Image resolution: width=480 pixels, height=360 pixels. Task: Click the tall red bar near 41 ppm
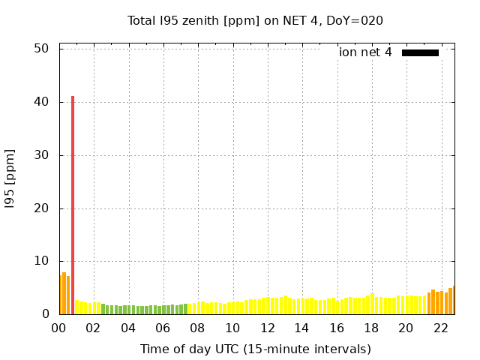coord(73,202)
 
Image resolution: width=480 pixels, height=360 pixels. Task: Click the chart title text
coord(255,20)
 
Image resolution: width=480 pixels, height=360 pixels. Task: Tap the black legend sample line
coord(420,52)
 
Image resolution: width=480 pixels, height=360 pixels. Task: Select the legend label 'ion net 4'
coord(365,52)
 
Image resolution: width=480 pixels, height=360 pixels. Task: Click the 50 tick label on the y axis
coord(41,48)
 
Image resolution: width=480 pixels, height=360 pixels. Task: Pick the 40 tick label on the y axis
coord(41,101)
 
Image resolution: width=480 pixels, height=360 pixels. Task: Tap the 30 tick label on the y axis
coord(41,155)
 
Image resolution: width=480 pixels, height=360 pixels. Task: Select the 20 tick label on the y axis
coord(41,208)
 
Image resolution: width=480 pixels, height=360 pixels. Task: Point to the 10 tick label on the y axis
coord(41,262)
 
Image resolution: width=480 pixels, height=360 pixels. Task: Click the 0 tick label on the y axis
coord(45,315)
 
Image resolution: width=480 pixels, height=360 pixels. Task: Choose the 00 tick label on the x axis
coord(58,328)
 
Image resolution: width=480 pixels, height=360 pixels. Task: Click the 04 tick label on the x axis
coord(128,328)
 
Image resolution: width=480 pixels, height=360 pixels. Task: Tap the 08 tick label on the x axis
coord(197,328)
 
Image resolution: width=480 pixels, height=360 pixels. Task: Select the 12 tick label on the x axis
coord(267,328)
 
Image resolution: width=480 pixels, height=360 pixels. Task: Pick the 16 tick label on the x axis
coord(336,328)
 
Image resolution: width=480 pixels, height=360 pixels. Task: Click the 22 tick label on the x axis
coord(440,328)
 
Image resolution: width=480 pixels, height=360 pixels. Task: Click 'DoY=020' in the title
coord(357,20)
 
